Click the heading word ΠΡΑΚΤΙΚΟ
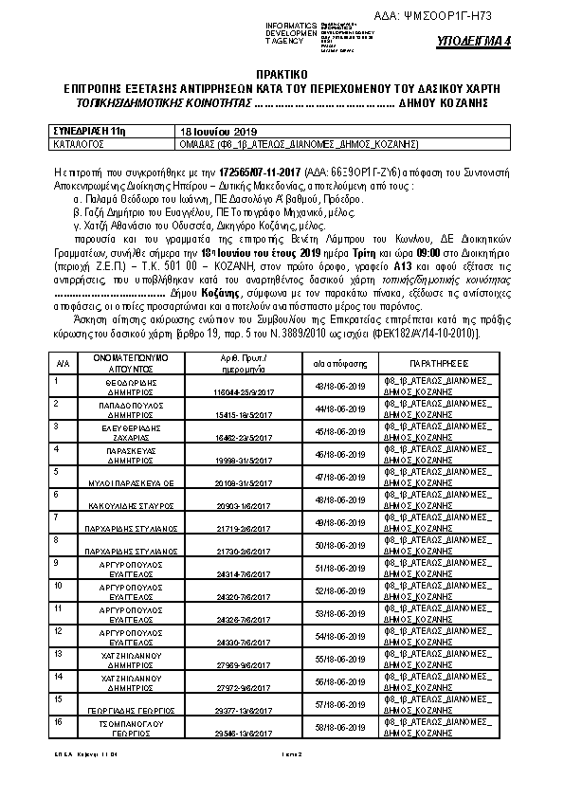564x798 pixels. coord(282,73)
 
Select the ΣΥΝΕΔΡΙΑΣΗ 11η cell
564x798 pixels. coord(87,131)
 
